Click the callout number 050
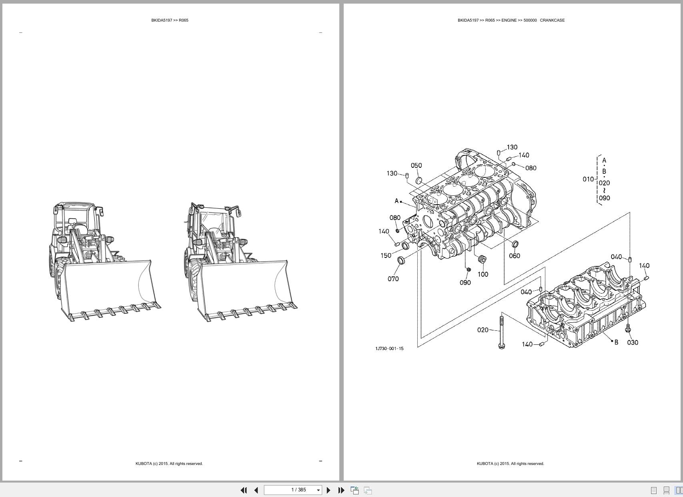pos(416,165)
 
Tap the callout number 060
pos(514,256)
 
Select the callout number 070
pos(393,279)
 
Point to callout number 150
pos(386,256)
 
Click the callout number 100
pos(483,274)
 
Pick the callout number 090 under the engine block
pos(465,283)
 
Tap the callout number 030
pos(633,342)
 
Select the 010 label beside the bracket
pos(588,179)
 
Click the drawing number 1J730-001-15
pos(389,348)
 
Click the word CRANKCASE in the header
pos(552,20)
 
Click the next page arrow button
pos(328,490)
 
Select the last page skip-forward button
pos(341,490)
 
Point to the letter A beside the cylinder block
pos(397,201)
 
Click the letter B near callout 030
pos(616,342)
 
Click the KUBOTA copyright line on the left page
pos(169,464)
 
